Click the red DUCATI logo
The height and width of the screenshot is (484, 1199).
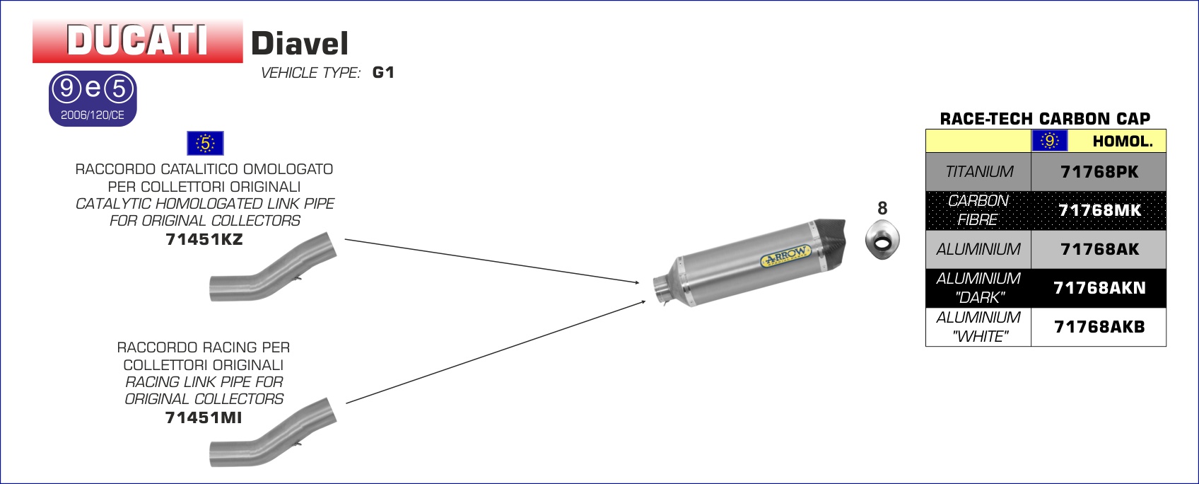tap(138, 41)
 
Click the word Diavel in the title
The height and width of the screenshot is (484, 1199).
tap(300, 43)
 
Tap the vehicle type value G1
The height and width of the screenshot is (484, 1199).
tap(383, 72)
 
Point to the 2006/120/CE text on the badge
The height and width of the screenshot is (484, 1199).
tap(93, 115)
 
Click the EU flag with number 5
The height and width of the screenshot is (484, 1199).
tap(205, 143)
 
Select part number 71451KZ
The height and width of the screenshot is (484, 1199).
tap(204, 239)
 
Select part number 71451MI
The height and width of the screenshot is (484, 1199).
tap(204, 417)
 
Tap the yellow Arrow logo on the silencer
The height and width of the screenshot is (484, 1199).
tap(785, 255)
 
